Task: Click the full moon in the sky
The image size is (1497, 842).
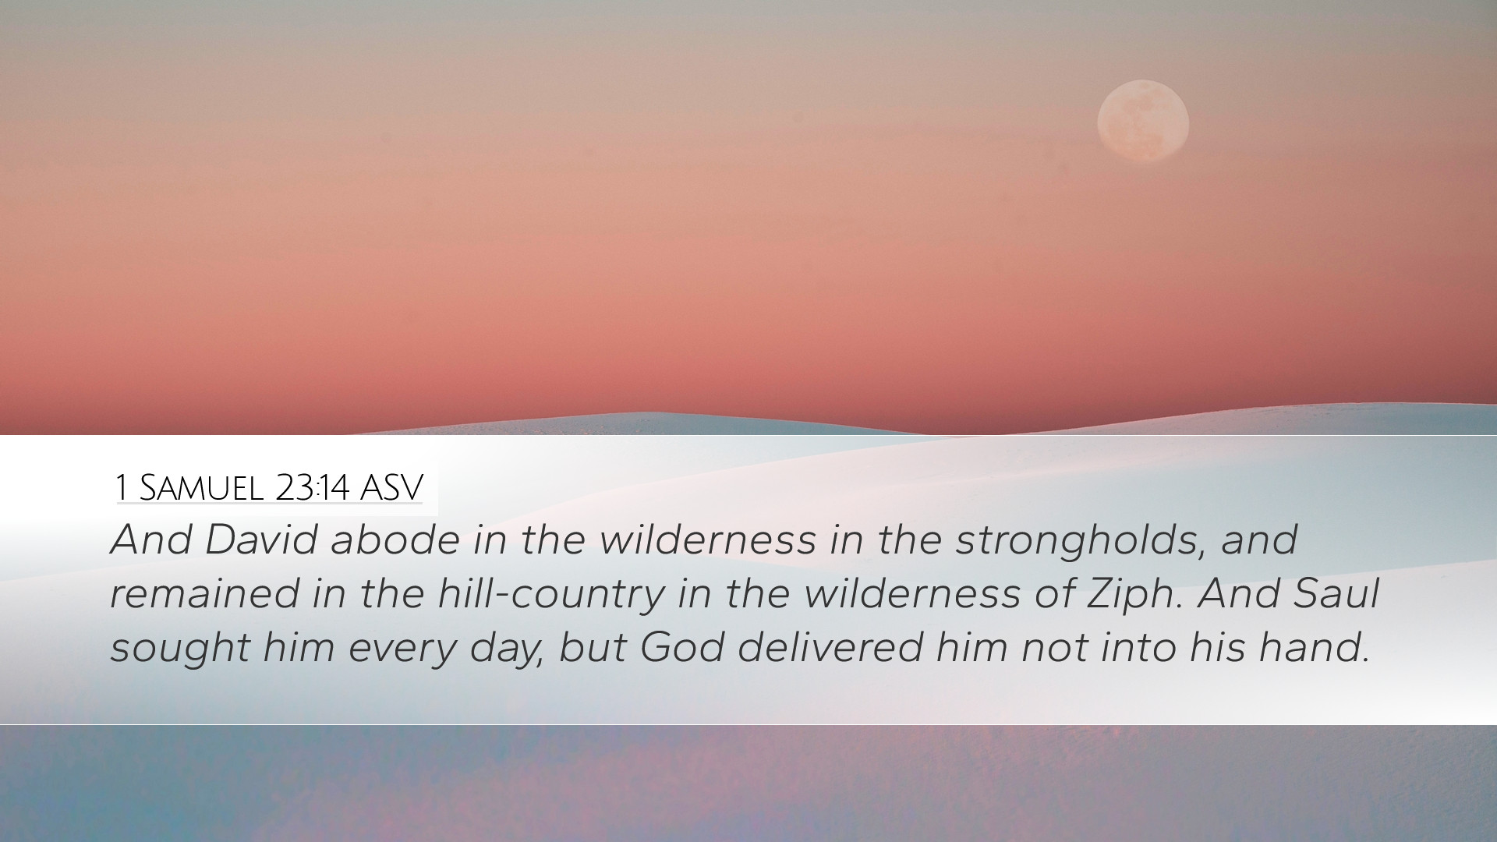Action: pos(1143,121)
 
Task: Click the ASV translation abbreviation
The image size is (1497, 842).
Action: pos(391,488)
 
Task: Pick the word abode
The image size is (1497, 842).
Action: pos(395,539)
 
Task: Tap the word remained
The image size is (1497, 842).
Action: pos(205,593)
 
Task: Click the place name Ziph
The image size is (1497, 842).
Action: pos(1130,595)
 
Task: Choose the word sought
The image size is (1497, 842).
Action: pos(179,649)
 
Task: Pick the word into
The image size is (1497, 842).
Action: pos(1138,647)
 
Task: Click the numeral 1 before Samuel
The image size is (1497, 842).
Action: pos(121,488)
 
